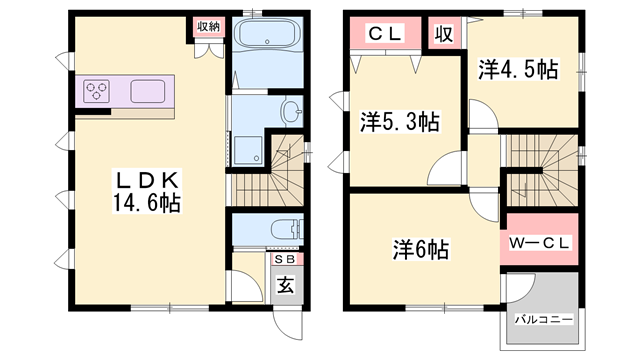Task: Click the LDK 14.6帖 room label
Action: click(x=149, y=191)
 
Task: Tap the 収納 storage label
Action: click(x=208, y=27)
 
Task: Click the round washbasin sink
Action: click(x=292, y=109)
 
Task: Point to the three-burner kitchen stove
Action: click(x=98, y=91)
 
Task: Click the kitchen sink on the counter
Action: click(x=152, y=91)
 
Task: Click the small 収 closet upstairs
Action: click(x=443, y=33)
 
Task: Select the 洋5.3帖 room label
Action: click(x=399, y=121)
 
